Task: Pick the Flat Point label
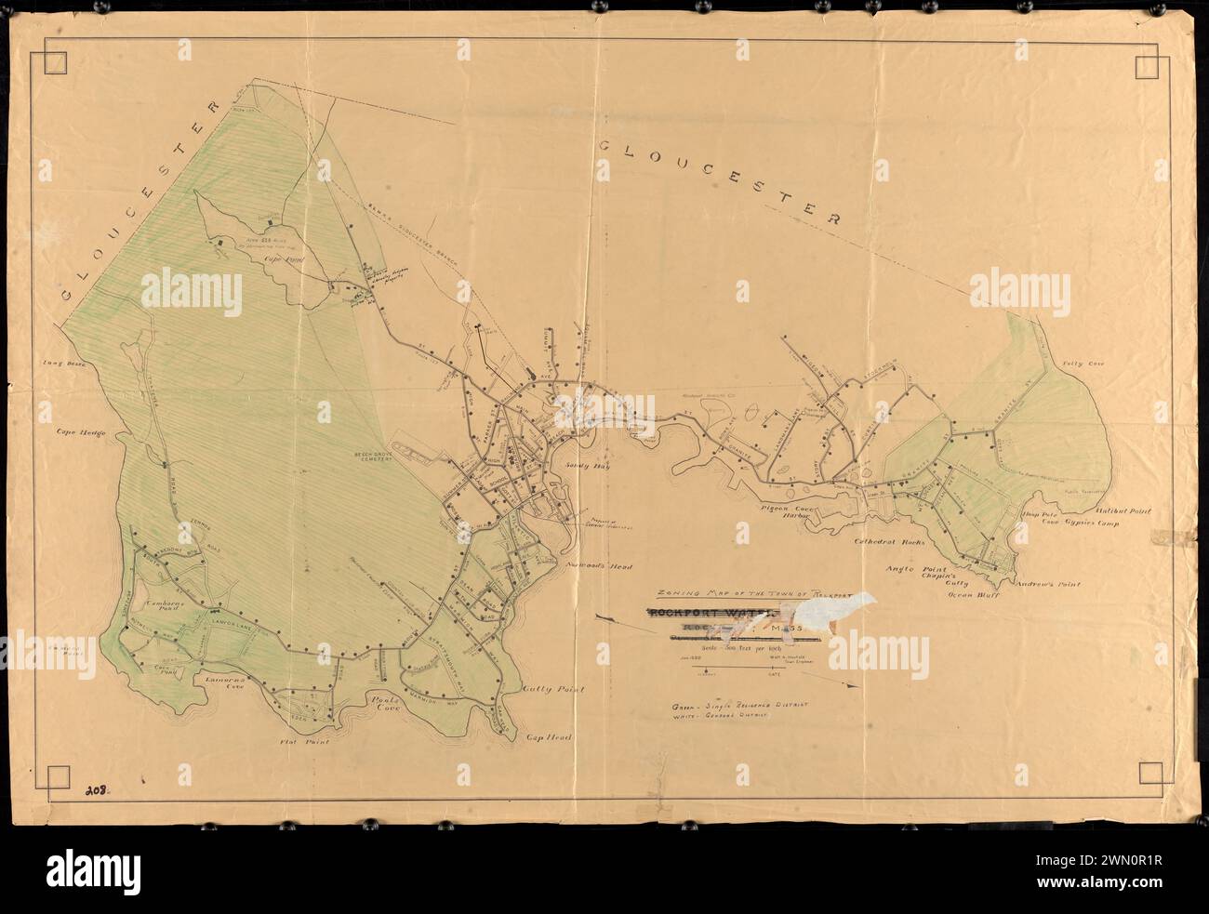point(299,743)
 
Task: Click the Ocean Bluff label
point(973,591)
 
